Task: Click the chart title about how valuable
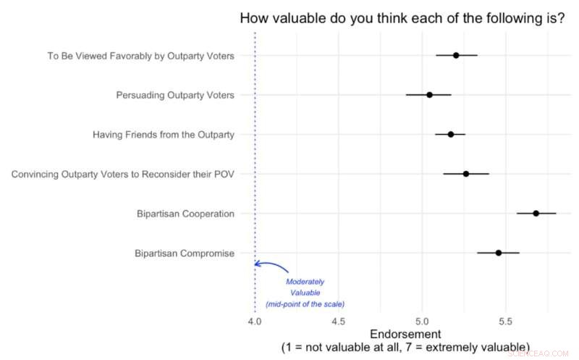point(402,19)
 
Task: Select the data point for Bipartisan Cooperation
point(536,213)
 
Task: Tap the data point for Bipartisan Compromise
point(499,253)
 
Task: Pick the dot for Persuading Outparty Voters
point(429,95)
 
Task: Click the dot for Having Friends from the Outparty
point(450,134)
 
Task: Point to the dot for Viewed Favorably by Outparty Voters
point(456,55)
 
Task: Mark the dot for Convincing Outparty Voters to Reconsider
point(466,174)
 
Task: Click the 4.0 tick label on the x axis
point(255,320)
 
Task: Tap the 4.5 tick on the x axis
point(338,320)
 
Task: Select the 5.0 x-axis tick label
point(422,320)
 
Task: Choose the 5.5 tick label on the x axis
point(506,320)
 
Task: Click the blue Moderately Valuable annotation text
point(305,293)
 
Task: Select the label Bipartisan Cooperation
point(185,214)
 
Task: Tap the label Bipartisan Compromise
point(185,254)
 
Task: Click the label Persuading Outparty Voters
point(175,95)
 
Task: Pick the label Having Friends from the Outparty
point(164,135)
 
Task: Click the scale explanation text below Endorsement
point(405,348)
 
